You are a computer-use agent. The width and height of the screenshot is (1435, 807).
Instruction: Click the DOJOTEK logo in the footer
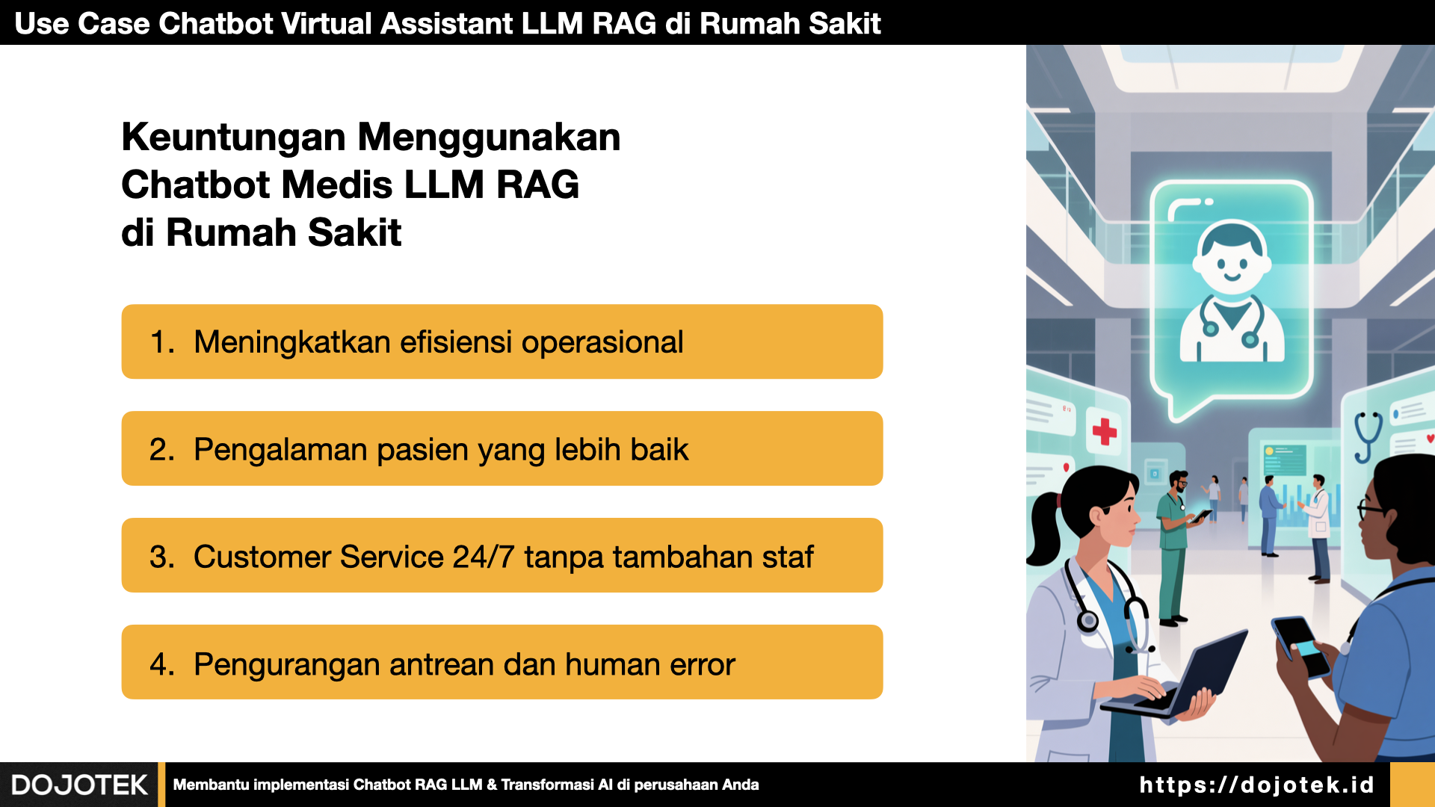[79, 785]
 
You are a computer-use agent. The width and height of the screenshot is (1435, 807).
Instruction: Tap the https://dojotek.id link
[1256, 785]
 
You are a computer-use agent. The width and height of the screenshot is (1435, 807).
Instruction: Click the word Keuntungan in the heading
[234, 137]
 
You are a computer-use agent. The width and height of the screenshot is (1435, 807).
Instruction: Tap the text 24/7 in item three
[483, 557]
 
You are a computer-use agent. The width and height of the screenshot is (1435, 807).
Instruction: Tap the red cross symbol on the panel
[1105, 431]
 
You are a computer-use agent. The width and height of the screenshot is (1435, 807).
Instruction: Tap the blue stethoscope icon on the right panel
[1368, 436]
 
